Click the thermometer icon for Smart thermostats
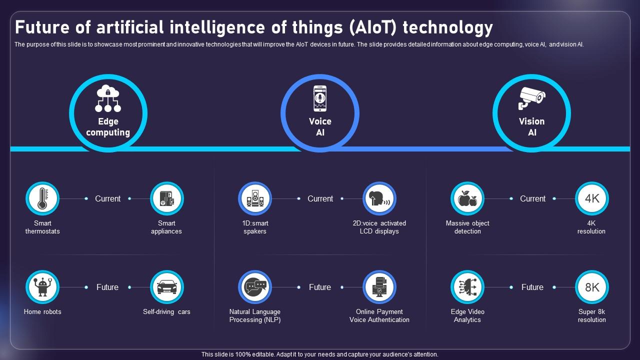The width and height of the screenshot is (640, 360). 42,198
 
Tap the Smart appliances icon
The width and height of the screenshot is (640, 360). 167,198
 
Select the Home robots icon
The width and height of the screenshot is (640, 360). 42,287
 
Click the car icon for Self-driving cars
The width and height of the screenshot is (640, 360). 167,287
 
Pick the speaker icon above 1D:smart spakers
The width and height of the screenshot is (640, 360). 255,198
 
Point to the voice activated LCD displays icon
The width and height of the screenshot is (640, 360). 379,198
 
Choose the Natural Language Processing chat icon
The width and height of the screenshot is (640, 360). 255,287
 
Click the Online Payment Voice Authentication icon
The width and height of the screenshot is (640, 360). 379,287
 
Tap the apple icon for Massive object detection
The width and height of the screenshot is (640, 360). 467,198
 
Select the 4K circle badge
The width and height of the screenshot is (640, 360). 592,198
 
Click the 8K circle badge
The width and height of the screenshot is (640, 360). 592,287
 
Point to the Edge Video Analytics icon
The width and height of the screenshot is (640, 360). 467,287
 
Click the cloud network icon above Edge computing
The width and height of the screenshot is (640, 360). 108,98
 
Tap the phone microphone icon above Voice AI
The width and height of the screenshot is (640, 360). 320,98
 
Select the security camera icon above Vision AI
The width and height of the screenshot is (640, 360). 531,98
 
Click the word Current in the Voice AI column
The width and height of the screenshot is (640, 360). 320,198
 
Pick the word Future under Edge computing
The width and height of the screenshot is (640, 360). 107,287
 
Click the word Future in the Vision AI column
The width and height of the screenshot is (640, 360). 532,287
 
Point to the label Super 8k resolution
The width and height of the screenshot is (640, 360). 592,315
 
